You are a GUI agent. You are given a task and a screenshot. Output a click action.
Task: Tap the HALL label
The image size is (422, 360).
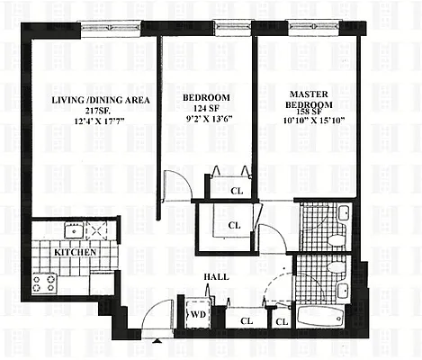pos(217,276)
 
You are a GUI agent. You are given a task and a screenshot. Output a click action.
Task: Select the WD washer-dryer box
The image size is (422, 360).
pos(197,316)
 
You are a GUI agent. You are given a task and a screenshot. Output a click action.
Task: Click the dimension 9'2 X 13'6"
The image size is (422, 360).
pos(207,122)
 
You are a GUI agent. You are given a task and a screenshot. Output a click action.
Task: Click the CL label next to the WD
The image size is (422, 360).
pos(245,320)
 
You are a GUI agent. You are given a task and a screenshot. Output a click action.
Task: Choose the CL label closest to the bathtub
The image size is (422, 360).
pos(281,320)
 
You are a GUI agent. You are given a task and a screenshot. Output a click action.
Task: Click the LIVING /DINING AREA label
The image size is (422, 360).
pos(88,98)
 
